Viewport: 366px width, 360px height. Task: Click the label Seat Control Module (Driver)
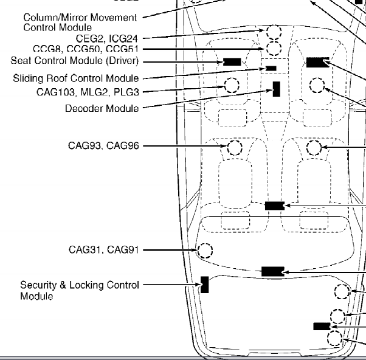(75, 61)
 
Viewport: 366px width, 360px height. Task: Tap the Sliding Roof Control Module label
(76, 78)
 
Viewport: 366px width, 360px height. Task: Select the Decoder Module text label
(102, 109)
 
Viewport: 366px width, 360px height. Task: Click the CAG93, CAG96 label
(103, 146)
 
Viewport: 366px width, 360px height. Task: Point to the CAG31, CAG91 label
(104, 250)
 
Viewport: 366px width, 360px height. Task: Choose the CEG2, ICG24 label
(107, 38)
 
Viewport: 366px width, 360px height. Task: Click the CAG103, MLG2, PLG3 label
(88, 92)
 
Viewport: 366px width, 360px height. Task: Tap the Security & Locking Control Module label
(80, 291)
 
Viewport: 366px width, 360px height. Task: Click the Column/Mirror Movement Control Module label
(80, 22)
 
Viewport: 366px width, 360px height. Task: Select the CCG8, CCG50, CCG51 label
(86, 49)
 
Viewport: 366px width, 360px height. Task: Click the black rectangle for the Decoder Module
(277, 89)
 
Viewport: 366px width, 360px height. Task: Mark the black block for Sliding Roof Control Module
(271, 68)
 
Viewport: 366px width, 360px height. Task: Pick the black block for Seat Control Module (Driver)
(232, 62)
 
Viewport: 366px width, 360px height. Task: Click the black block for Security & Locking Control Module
(205, 285)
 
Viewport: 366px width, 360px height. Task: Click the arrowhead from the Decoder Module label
(271, 91)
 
